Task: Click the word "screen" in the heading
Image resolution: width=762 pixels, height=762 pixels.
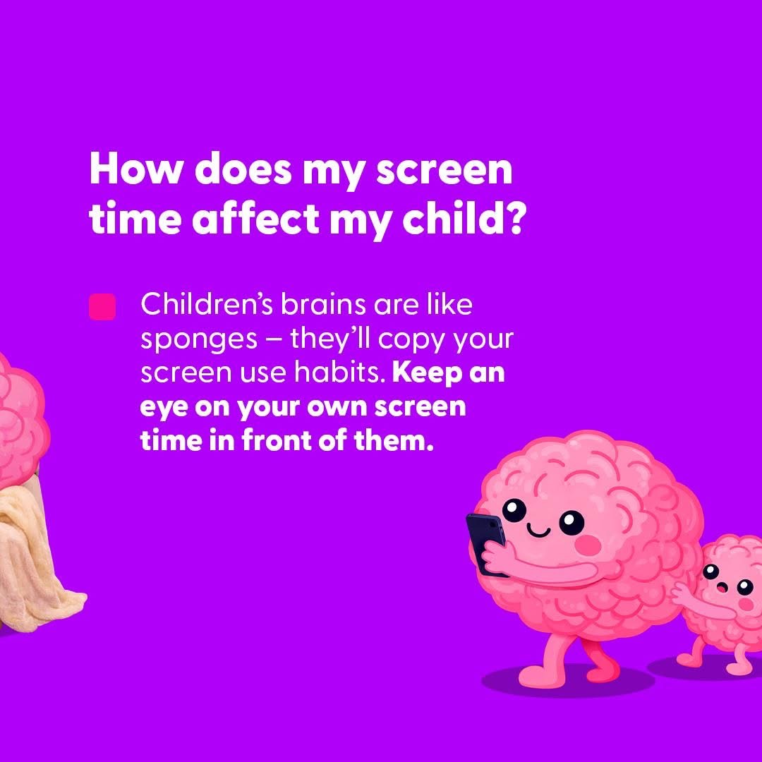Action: click(x=445, y=169)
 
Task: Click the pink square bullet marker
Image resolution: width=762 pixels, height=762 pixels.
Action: click(x=102, y=306)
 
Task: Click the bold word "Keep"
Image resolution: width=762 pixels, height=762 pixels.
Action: click(x=427, y=373)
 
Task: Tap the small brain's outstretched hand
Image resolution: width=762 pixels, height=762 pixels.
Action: click(x=680, y=593)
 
